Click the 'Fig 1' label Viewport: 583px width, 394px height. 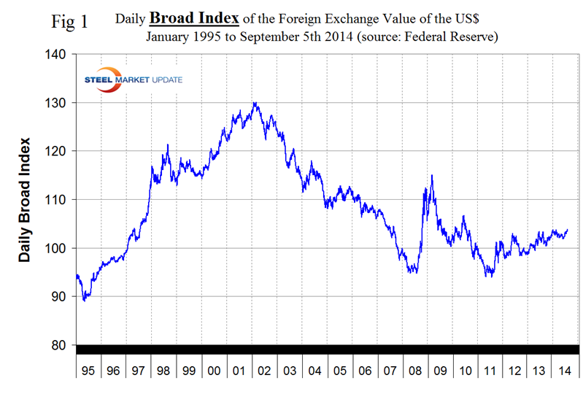[x=70, y=21]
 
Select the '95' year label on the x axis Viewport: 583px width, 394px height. [x=88, y=371]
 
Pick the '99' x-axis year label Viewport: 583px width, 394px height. [x=189, y=371]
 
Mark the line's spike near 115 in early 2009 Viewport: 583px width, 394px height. [x=433, y=175]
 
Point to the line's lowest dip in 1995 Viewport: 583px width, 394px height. [x=85, y=300]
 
